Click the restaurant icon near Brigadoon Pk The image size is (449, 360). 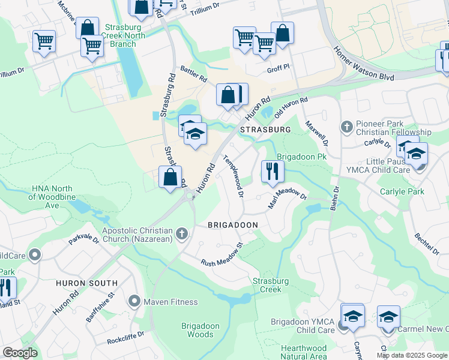click(x=272, y=170)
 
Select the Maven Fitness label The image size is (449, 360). click(x=166, y=301)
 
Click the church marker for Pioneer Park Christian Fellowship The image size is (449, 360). click(x=346, y=127)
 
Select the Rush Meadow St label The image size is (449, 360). click(x=221, y=254)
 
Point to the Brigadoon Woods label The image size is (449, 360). click(x=197, y=330)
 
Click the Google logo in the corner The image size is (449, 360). click(x=20, y=353)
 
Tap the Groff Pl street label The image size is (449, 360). click(x=278, y=70)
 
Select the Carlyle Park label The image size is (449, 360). click(x=402, y=192)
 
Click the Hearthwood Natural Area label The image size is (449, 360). click(x=304, y=352)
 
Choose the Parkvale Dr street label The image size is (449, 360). click(x=83, y=238)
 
